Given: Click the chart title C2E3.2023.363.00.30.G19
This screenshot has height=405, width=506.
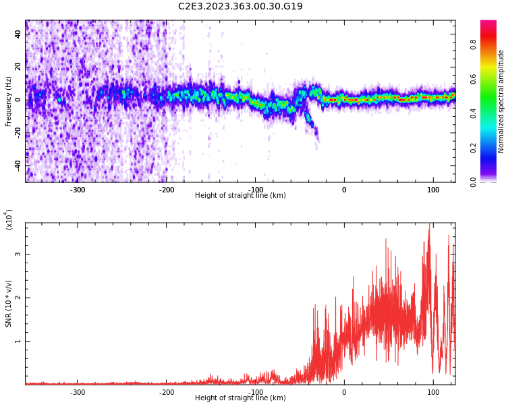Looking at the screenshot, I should point(240,7).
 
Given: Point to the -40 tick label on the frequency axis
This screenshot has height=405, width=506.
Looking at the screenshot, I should point(18,165).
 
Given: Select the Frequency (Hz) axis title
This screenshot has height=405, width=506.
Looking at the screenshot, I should point(8,101).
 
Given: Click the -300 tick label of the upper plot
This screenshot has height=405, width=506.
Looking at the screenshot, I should point(78,190).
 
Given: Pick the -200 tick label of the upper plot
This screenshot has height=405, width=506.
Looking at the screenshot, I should point(167,190).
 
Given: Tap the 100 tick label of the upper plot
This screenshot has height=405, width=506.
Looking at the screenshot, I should point(432,190).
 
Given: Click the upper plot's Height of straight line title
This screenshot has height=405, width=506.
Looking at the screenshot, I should point(240,196).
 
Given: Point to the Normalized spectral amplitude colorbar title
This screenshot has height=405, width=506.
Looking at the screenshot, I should point(501,101).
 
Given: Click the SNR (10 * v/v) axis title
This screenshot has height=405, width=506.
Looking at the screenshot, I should point(8,303).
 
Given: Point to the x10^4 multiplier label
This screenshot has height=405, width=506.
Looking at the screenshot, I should point(9,220).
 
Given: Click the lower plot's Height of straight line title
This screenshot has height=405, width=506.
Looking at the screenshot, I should point(240,398).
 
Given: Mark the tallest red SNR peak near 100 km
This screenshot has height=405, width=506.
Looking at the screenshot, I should point(429,225).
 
